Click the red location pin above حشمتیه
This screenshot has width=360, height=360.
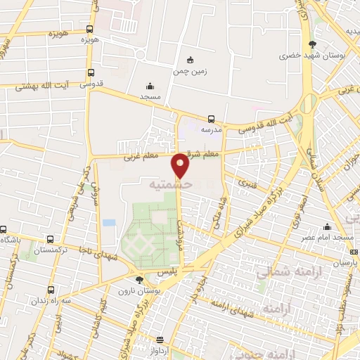(x=180, y=165)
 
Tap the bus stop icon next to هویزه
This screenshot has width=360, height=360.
(x=89, y=30)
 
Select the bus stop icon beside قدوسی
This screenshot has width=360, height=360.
(x=90, y=72)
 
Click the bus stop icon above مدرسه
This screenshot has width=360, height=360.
(x=212, y=119)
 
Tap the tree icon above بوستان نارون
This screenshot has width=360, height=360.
(x=139, y=279)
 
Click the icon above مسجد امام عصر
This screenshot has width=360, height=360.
(x=327, y=226)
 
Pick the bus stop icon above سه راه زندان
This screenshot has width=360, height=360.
(x=50, y=290)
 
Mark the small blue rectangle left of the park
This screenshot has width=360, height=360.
(x=108, y=222)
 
